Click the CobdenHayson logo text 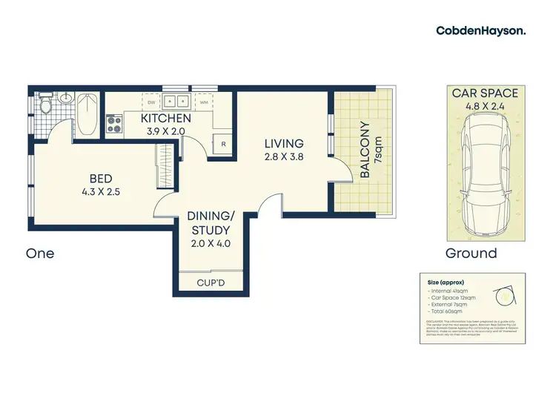[x=481, y=30]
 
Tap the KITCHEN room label [x=166, y=118]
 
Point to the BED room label [x=102, y=178]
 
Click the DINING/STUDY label [x=211, y=222]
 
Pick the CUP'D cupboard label [x=211, y=283]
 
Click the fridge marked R [x=223, y=145]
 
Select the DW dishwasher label [x=150, y=102]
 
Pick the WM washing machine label [x=203, y=102]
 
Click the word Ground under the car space [x=471, y=253]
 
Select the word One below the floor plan [x=40, y=253]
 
